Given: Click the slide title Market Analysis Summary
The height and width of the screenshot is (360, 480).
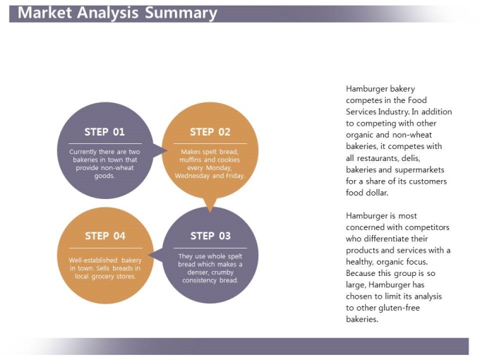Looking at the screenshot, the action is (x=117, y=13).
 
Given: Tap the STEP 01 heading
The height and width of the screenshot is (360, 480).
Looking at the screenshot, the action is (x=104, y=132).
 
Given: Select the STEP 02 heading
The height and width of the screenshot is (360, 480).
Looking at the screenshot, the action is (x=210, y=132).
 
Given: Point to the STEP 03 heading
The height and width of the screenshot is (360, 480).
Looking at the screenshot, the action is (x=210, y=236).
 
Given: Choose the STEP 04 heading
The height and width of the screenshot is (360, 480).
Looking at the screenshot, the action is (x=105, y=236).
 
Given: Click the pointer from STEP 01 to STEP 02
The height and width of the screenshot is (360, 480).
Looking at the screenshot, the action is (x=160, y=150).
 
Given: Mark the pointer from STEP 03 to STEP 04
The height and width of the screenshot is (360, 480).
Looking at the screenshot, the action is (x=155, y=255).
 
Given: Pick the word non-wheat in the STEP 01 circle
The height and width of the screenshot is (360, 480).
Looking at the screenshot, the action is (x=119, y=168).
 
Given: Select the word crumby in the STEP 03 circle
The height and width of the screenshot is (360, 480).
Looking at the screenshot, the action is (x=222, y=272).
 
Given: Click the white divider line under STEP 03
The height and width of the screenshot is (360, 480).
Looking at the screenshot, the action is (x=210, y=248).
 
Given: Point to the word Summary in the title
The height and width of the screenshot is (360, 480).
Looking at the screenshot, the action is (x=181, y=14).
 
